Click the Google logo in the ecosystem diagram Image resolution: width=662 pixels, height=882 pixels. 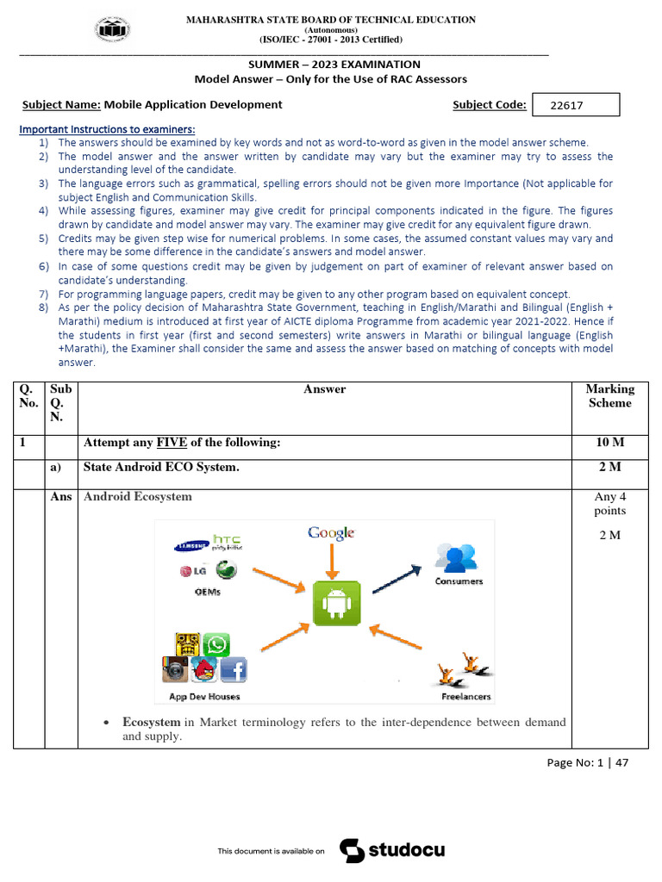click(332, 533)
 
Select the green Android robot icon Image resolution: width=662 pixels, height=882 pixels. click(336, 603)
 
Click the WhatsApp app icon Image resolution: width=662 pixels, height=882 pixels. click(218, 646)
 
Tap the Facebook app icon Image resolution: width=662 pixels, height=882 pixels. click(234, 669)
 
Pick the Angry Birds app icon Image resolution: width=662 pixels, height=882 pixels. click(204, 669)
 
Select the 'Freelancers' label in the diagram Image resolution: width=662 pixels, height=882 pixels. click(466, 696)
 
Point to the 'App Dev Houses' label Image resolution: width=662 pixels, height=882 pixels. click(204, 696)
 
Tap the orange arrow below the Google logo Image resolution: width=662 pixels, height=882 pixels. click(332, 562)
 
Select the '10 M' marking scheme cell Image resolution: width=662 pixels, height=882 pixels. click(609, 443)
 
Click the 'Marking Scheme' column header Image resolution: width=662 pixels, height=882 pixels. click(609, 396)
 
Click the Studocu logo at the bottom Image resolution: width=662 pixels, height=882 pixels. click(392, 851)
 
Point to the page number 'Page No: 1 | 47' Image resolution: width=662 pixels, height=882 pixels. click(588, 762)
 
